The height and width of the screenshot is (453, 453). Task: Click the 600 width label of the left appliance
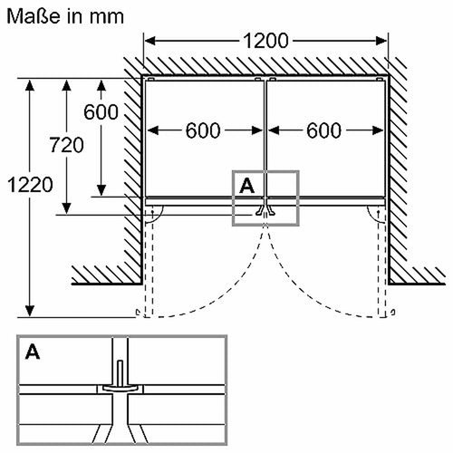coord(205,130)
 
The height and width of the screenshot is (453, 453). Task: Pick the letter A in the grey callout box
coord(246,184)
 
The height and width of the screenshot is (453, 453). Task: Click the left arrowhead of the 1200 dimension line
coord(150,41)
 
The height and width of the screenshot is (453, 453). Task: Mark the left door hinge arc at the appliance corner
coord(155,214)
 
